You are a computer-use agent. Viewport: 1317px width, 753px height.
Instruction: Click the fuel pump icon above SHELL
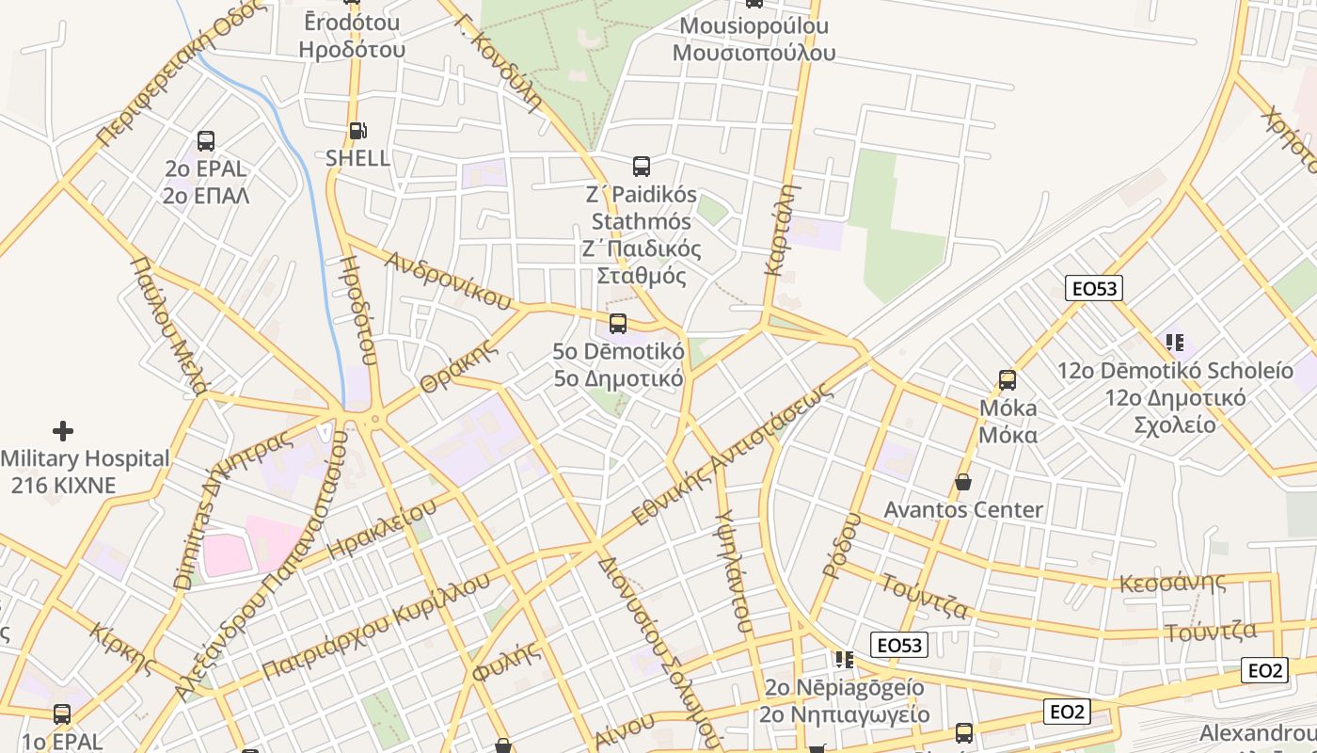click(x=357, y=131)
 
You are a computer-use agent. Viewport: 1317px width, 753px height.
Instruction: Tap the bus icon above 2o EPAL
click(x=206, y=141)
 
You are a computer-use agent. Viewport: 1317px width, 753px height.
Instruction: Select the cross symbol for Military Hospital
click(x=63, y=431)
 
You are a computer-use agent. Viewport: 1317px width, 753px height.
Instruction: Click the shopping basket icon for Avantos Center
click(x=963, y=483)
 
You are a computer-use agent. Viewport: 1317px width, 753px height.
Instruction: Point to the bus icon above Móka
click(x=1008, y=380)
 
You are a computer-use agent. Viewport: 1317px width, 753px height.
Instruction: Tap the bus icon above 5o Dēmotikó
click(x=618, y=324)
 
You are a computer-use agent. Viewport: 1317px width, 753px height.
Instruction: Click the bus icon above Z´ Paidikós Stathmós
click(x=642, y=167)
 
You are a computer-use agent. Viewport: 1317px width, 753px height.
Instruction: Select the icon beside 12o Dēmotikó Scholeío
click(x=1174, y=343)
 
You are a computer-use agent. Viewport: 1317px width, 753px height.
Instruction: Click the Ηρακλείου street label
click(x=382, y=529)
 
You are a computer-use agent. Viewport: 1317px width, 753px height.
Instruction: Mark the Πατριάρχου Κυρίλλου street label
click(x=376, y=625)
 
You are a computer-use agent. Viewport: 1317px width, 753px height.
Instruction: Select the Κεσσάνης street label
click(x=1172, y=583)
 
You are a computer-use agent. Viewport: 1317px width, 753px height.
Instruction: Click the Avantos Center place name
click(x=963, y=510)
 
